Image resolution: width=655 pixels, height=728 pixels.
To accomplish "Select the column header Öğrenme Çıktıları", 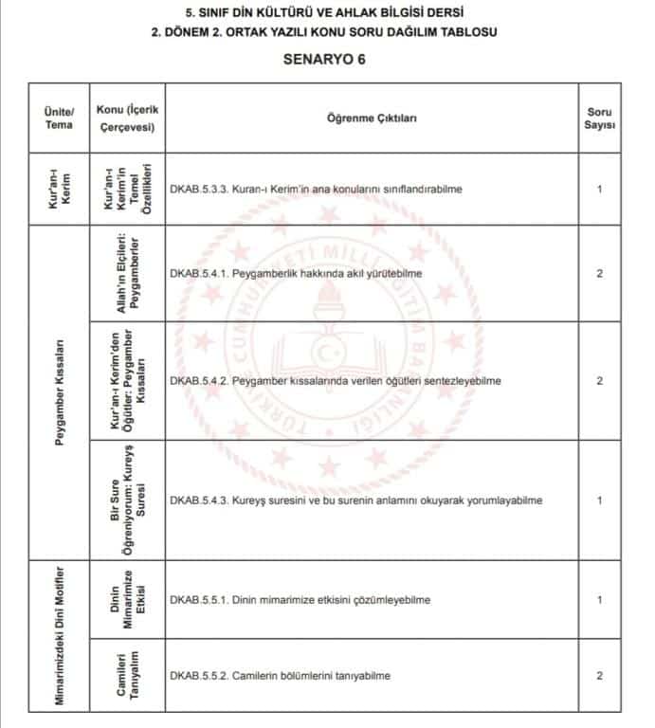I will point(373,118).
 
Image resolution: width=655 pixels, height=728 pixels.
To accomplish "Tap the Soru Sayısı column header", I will point(599,118).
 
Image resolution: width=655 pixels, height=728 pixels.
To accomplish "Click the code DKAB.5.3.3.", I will point(195,189).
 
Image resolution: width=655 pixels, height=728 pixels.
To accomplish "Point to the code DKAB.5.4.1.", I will point(195,274).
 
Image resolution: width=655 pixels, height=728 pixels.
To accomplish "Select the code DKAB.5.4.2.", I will point(195,381).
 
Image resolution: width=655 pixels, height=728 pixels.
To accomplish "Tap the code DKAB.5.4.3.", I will point(195,500).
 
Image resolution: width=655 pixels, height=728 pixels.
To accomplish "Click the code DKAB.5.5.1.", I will point(195,600).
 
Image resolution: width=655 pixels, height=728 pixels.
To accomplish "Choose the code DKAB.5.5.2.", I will point(195,675).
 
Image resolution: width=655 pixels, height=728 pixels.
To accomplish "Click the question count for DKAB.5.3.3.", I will point(599,189).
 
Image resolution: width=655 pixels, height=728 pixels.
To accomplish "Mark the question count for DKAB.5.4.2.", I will point(599,381).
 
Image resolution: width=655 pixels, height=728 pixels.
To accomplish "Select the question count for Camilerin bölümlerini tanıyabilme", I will point(599,675).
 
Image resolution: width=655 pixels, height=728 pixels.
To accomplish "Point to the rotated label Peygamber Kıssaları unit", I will point(60,392).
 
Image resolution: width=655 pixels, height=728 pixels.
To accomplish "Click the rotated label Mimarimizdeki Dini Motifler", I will point(60,639).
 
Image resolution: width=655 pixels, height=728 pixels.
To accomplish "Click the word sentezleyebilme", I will point(462,381).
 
